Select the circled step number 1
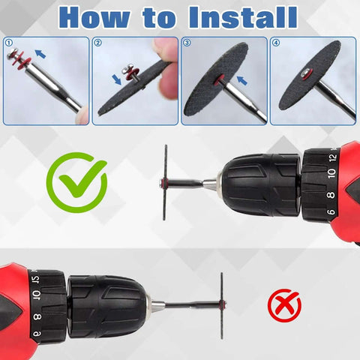coord(8,43)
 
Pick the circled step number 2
coord(97,43)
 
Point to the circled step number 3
coord(187,43)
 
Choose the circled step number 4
coord(277,43)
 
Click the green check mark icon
coord(76,180)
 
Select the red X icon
coord(284,305)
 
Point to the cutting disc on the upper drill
coord(165,182)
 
